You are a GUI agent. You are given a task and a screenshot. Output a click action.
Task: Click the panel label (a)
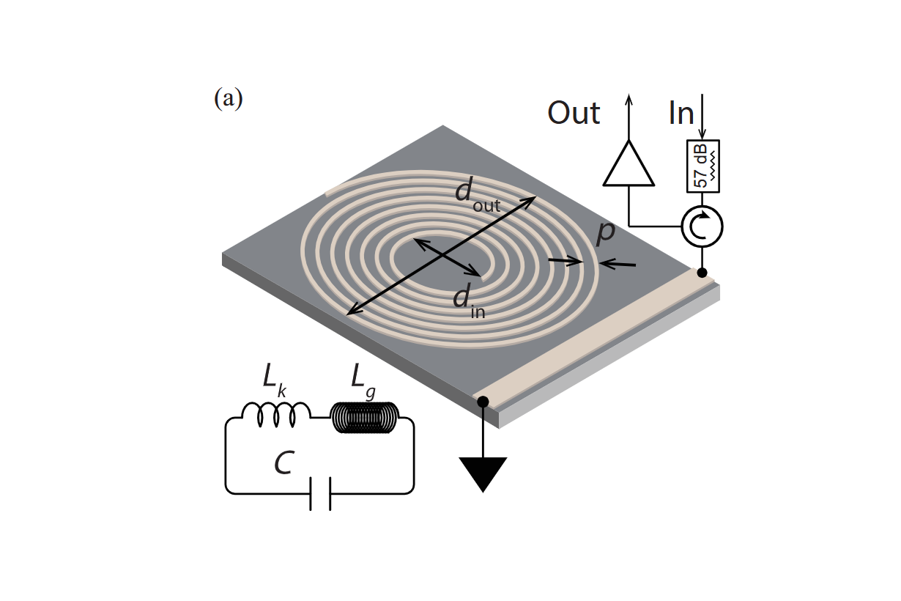(x=228, y=98)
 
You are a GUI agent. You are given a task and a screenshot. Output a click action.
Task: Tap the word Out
(x=574, y=113)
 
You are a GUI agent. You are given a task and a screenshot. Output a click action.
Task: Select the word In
(x=681, y=113)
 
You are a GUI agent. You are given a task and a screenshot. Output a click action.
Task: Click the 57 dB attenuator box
(x=703, y=166)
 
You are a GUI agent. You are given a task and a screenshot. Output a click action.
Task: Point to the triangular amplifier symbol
(x=628, y=164)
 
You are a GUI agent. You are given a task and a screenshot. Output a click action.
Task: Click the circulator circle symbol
(x=702, y=226)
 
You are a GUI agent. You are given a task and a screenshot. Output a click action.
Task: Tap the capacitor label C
(x=284, y=462)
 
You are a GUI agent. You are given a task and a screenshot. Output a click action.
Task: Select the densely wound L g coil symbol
(x=364, y=417)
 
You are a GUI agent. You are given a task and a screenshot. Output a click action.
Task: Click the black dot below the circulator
(x=702, y=273)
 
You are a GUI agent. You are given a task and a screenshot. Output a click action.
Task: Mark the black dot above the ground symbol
(x=483, y=401)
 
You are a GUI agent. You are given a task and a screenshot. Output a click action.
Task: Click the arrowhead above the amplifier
(x=628, y=100)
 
